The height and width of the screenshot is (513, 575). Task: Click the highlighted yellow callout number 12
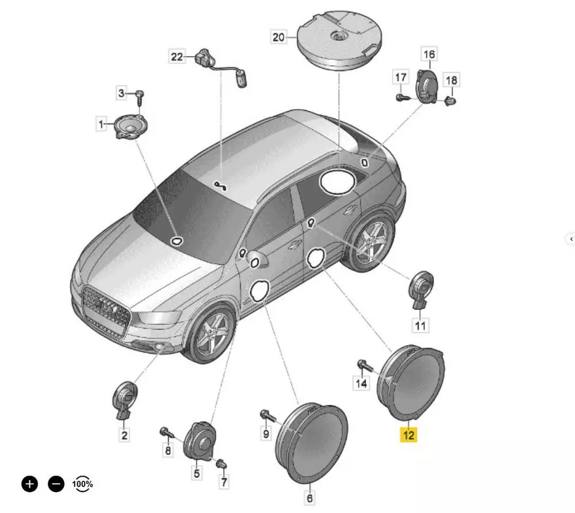point(408,435)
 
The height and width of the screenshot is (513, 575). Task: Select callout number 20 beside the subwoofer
point(278,37)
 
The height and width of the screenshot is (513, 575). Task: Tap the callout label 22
point(177,57)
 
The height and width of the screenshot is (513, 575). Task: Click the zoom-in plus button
point(30,484)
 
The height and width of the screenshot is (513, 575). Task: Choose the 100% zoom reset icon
point(82,484)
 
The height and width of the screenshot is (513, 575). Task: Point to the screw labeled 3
point(139,98)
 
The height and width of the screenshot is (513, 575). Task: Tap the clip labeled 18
point(450,100)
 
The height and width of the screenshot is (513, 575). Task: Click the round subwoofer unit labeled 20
point(339,40)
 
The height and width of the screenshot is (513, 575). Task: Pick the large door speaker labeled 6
point(311,443)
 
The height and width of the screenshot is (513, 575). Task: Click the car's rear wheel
point(370,241)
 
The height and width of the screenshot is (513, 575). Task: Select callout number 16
point(429,54)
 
